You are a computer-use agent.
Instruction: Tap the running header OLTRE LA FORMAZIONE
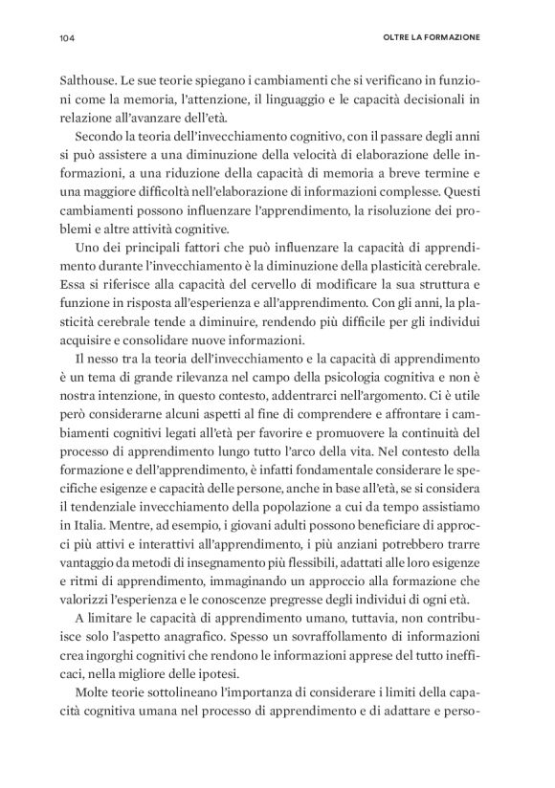pos(432,38)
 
